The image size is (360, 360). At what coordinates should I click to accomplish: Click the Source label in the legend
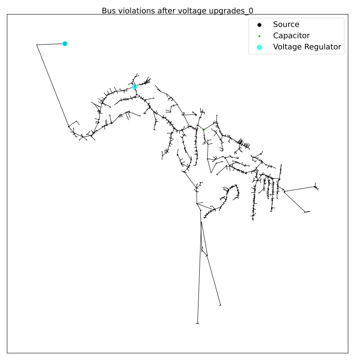(286, 24)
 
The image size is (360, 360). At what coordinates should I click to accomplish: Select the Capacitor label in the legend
(291, 36)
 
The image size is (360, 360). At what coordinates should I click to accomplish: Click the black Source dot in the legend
(260, 25)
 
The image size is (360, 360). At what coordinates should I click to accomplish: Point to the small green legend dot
(260, 36)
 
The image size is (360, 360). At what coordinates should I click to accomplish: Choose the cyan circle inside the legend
(260, 48)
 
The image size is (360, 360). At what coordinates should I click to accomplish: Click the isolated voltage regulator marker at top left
(65, 44)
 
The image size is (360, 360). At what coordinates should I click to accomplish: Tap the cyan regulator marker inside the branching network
(135, 87)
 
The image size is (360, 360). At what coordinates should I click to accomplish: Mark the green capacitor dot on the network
(204, 130)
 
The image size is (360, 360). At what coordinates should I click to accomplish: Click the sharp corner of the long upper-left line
(37, 45)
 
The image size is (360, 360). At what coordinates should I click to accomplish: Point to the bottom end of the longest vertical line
(198, 324)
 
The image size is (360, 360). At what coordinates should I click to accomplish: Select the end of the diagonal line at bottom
(220, 305)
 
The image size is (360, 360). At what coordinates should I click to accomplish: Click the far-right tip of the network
(318, 189)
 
